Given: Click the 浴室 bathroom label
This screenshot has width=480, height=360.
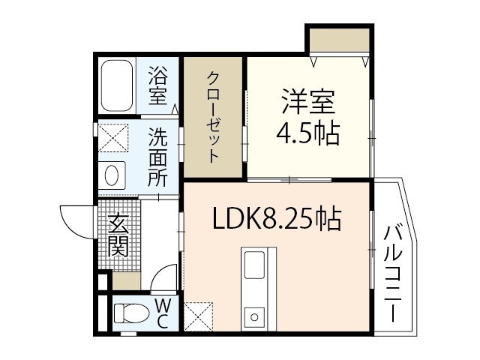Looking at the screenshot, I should (x=157, y=85).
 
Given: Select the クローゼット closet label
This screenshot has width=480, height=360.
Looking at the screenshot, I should (x=214, y=117).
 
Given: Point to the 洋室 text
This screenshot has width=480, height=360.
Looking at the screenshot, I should (x=307, y=102).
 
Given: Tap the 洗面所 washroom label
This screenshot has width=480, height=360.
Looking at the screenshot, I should (x=157, y=158).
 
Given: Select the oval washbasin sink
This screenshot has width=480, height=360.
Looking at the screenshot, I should (x=112, y=175).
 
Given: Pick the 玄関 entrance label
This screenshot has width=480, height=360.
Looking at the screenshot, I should (x=118, y=235).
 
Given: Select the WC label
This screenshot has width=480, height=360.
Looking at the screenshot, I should (x=162, y=312).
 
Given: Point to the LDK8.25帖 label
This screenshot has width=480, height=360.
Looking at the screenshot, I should (x=277, y=219).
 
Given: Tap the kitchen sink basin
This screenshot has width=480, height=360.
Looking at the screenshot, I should (x=254, y=265).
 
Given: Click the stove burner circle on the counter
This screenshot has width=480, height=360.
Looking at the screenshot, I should (x=254, y=316).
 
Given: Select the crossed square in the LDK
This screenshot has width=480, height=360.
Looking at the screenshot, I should (x=198, y=316).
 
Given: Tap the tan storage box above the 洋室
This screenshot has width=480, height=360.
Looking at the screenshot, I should (x=339, y=40).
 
